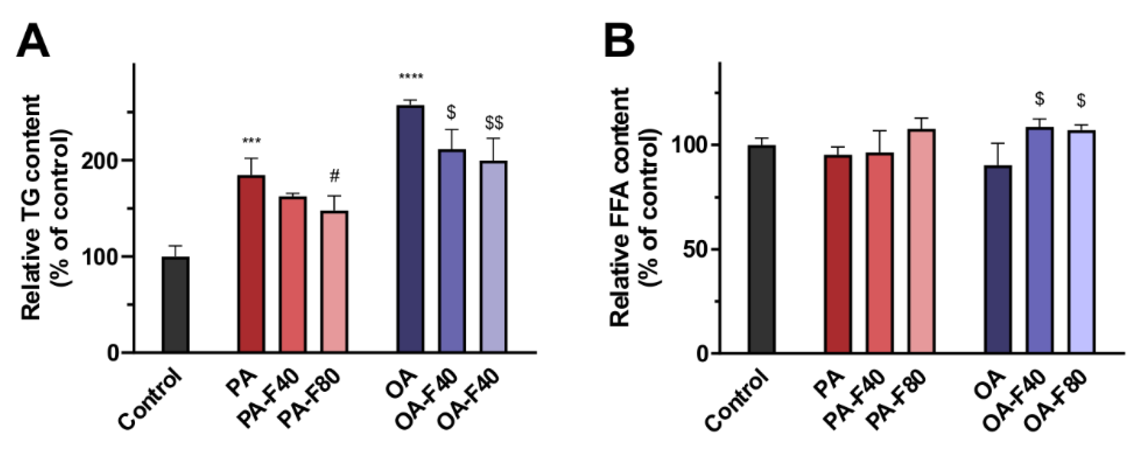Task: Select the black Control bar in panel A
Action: [x=175, y=304]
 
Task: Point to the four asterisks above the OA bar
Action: [x=411, y=78]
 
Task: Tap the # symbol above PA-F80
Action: [x=335, y=177]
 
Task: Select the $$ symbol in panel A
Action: [x=494, y=123]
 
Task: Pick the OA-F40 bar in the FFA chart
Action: [x=1039, y=240]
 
